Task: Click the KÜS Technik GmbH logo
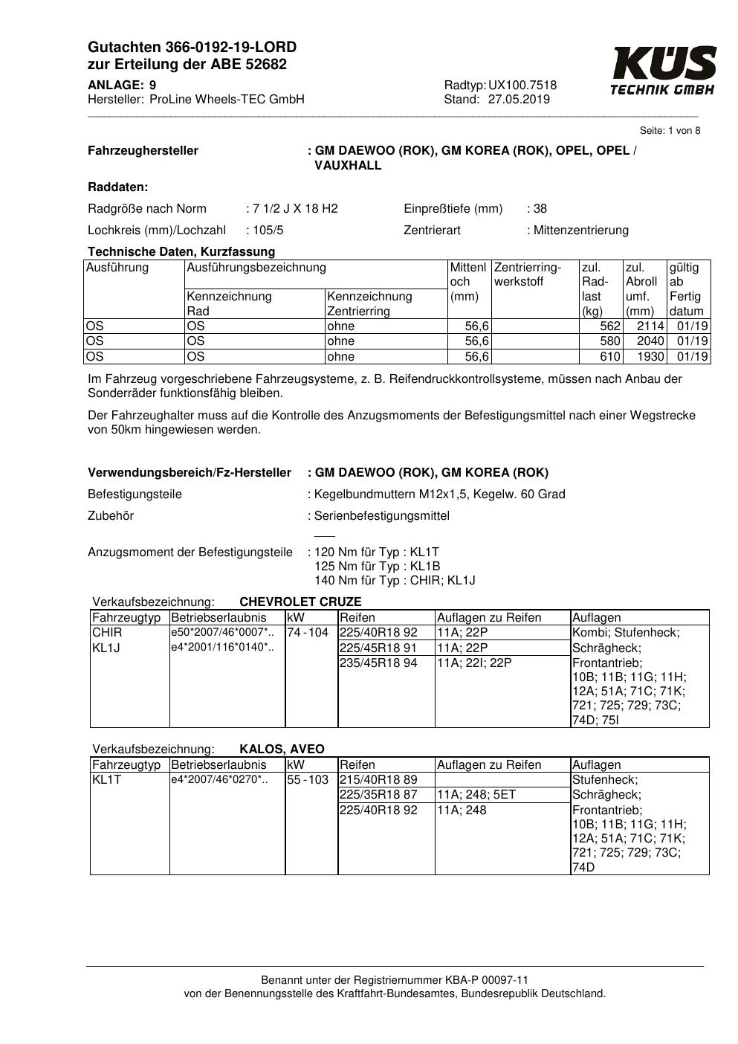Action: [663, 70]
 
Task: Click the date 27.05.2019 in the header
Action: [519, 100]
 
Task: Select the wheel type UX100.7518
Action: [522, 86]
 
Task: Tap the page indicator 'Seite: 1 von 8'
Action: [670, 131]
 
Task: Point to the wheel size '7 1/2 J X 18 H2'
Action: [295, 209]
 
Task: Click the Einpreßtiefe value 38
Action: [540, 209]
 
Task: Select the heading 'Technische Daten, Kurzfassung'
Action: [181, 252]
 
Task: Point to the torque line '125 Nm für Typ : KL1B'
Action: [378, 567]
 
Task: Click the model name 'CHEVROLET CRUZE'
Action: [300, 602]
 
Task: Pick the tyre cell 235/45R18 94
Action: [378, 663]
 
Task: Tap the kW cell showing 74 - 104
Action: [308, 633]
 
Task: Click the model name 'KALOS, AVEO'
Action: [282, 750]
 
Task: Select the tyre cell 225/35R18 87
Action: [378, 795]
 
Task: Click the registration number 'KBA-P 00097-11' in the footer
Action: [488, 981]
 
